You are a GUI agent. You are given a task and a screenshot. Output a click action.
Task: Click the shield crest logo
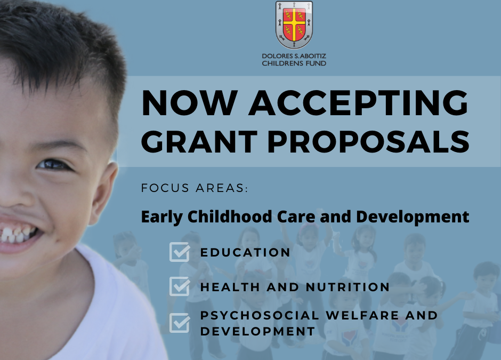tap(294, 25)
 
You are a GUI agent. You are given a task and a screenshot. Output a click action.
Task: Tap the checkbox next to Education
tap(180, 252)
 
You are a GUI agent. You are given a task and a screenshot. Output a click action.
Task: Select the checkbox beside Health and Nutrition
tap(180, 286)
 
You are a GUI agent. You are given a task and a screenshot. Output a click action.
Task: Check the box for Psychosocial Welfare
tap(180, 323)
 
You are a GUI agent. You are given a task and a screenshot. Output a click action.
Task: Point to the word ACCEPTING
tap(358, 102)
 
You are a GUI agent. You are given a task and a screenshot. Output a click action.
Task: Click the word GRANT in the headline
tap(199, 142)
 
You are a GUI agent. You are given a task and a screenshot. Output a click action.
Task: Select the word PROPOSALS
tap(368, 142)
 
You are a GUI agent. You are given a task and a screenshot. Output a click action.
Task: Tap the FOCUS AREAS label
tap(194, 188)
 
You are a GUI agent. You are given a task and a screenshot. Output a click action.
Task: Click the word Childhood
tap(229, 217)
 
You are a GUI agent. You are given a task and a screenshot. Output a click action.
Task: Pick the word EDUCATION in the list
tap(245, 252)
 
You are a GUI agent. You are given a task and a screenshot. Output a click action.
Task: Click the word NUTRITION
tap(348, 287)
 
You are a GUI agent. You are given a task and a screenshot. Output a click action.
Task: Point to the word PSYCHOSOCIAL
tap(260, 315)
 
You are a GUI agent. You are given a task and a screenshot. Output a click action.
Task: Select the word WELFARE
tap(362, 315)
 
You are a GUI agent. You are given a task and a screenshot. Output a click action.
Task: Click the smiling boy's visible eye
tap(53, 164)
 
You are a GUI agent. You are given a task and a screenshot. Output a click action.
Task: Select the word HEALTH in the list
tap(230, 287)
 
